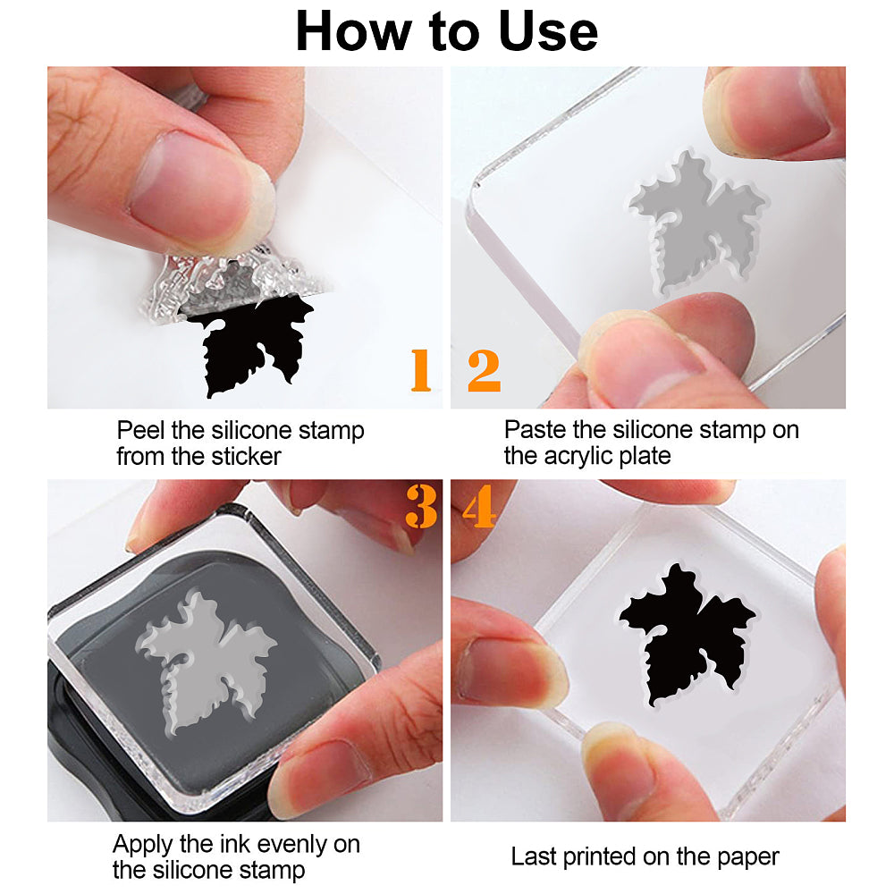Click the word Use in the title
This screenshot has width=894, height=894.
pos(548,32)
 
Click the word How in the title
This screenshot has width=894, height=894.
pos(353,32)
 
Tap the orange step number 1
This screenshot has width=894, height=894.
pos(421,371)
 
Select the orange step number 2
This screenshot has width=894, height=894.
pos(484,371)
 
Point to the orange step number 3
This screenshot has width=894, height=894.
pos(421,506)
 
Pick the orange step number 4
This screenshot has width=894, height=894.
pos(479,506)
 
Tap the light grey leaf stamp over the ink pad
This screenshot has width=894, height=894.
pos(206,662)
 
